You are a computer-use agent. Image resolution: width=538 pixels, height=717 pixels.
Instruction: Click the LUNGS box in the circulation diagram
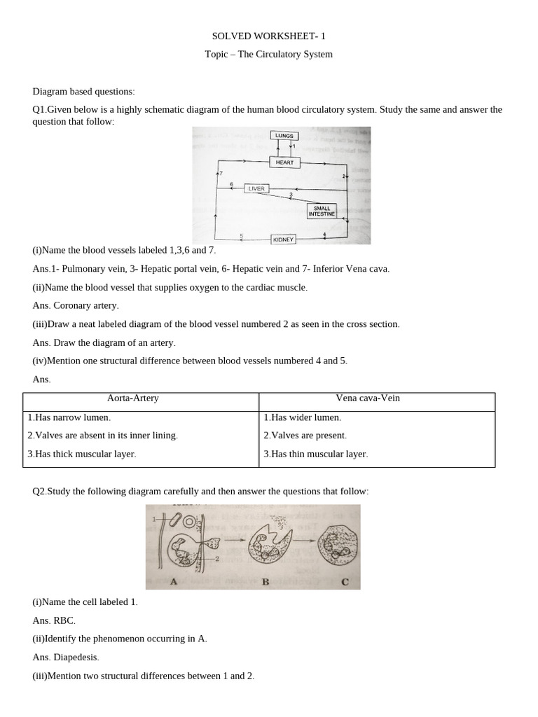pos(285,136)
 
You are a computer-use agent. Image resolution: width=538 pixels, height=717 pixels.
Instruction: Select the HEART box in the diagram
pos(284,162)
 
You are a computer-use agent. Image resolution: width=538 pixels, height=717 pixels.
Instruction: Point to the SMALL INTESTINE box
pos(322,211)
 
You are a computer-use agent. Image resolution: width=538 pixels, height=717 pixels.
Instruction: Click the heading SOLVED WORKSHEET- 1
pos(268,36)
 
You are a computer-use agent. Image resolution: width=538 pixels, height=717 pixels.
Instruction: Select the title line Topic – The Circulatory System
pos(268,54)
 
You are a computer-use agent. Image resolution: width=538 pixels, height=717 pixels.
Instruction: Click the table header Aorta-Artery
pos(132,398)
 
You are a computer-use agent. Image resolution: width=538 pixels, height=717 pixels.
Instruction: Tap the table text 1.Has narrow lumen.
pos(69,417)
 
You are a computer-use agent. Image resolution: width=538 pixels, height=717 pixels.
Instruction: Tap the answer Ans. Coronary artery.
pos(76,305)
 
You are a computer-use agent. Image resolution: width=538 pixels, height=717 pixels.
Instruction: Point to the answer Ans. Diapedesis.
pos(66,657)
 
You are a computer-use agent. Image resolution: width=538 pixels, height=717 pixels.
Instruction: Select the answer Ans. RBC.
pos(54,620)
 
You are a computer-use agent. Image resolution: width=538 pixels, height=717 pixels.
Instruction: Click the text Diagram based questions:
pos(83,92)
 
